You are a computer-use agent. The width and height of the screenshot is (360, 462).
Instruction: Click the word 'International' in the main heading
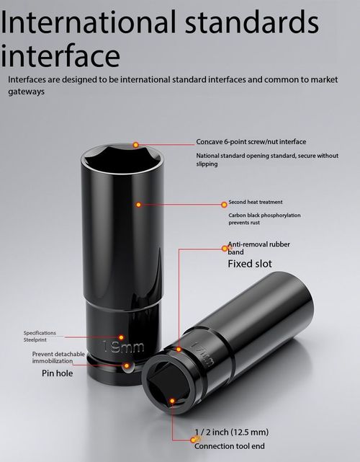coord(89,22)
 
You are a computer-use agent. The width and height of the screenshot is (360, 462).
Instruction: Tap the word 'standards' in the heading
coord(252,22)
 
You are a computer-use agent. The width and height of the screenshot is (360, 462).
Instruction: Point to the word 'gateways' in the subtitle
coord(26,92)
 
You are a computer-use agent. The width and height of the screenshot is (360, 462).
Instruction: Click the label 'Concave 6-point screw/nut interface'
coord(251,142)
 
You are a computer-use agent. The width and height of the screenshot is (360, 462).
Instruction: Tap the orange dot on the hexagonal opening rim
coord(135,145)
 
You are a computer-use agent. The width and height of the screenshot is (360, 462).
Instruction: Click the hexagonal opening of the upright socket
coord(122,159)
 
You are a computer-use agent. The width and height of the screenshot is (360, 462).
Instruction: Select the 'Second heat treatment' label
coord(256,202)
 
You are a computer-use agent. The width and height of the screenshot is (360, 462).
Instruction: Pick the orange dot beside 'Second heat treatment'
coord(225,205)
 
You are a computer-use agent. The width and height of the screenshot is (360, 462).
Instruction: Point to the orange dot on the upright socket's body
coord(139,205)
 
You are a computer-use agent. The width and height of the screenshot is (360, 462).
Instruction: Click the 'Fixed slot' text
coord(250,264)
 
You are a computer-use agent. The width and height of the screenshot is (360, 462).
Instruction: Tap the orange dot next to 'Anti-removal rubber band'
coord(225,249)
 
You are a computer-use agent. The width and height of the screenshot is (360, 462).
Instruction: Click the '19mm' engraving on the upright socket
coord(124,347)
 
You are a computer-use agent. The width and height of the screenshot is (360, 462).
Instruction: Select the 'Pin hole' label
coord(57,373)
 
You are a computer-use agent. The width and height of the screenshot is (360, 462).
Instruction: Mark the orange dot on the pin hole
coord(127,365)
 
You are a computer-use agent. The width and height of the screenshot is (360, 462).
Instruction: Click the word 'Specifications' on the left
coord(40,333)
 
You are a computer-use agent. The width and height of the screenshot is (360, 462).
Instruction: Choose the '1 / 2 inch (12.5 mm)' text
coord(232,432)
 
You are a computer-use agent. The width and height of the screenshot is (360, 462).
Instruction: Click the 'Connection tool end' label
coord(229,446)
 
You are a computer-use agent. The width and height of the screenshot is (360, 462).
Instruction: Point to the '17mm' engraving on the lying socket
coord(202,355)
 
